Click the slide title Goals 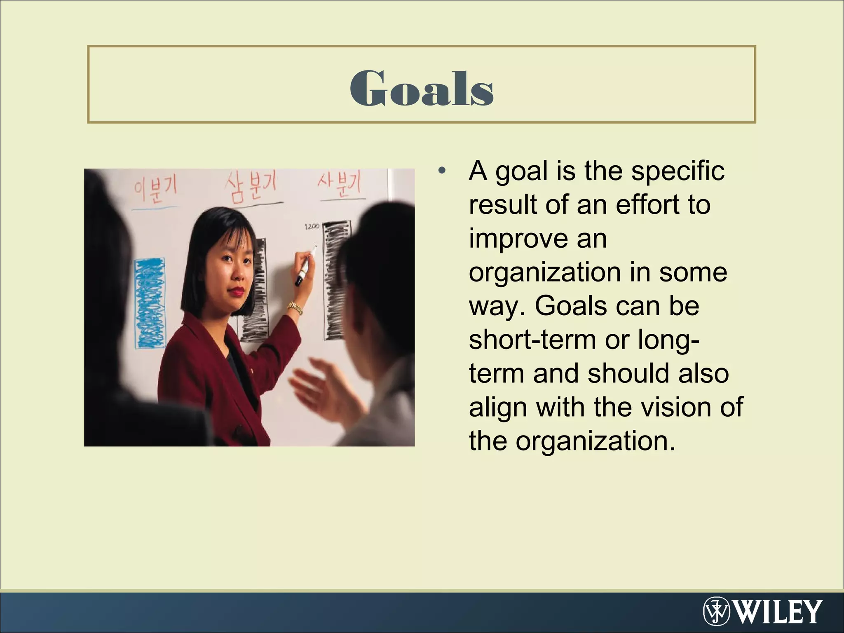coord(422,88)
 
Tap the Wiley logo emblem coord(716,611)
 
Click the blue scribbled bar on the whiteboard coord(150,302)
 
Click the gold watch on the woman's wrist coord(295,307)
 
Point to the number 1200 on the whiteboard coord(311,226)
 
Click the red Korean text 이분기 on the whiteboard coord(155,190)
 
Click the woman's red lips coord(238,291)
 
